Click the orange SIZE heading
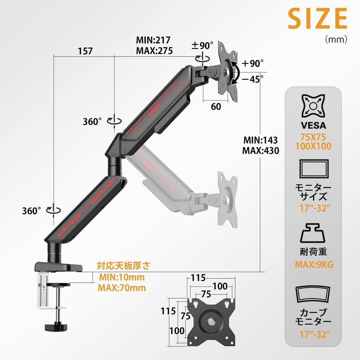[317, 19]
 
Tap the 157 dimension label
[85, 51]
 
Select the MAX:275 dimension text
[154, 51]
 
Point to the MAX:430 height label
[261, 151]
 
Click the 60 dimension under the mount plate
[216, 106]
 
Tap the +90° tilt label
[252, 64]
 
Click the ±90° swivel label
[202, 46]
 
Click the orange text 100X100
[313, 146]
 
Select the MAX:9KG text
[313, 264]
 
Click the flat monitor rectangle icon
[313, 171]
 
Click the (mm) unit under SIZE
[336, 39]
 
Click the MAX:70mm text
[122, 288]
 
